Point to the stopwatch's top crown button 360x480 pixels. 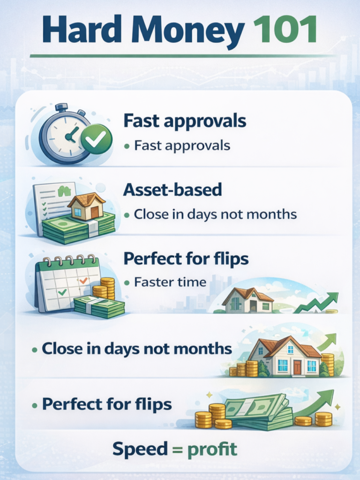click(62, 107)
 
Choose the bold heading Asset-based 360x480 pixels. click(172, 190)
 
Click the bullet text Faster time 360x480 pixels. click(170, 282)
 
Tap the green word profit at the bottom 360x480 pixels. click(212, 449)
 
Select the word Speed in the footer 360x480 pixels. click(139, 449)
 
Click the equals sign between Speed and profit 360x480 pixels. click(177, 449)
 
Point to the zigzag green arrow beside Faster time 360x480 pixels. click(316, 303)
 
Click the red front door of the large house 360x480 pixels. click(297, 367)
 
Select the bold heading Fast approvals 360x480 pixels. click(185, 120)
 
